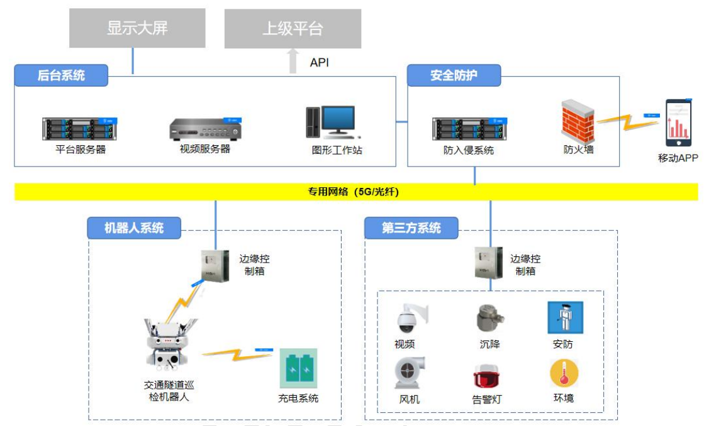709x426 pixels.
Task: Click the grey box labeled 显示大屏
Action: [137, 28]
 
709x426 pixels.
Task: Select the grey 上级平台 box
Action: [293, 29]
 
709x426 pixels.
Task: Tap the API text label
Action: [320, 62]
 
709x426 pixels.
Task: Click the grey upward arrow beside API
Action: [293, 62]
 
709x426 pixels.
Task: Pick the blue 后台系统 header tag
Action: [61, 76]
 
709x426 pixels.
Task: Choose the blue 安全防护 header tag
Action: [454, 76]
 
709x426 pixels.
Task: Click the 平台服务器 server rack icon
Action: [80, 128]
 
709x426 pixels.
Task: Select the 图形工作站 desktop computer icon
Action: [332, 123]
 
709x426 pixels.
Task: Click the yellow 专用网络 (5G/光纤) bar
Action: [356, 192]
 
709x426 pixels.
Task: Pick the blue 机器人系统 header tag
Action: [134, 227]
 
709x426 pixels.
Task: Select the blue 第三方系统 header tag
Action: [411, 227]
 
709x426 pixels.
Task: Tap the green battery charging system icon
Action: [299, 368]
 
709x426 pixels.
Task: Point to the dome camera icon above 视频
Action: [407, 319]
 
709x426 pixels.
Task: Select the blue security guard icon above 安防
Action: [565, 317]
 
